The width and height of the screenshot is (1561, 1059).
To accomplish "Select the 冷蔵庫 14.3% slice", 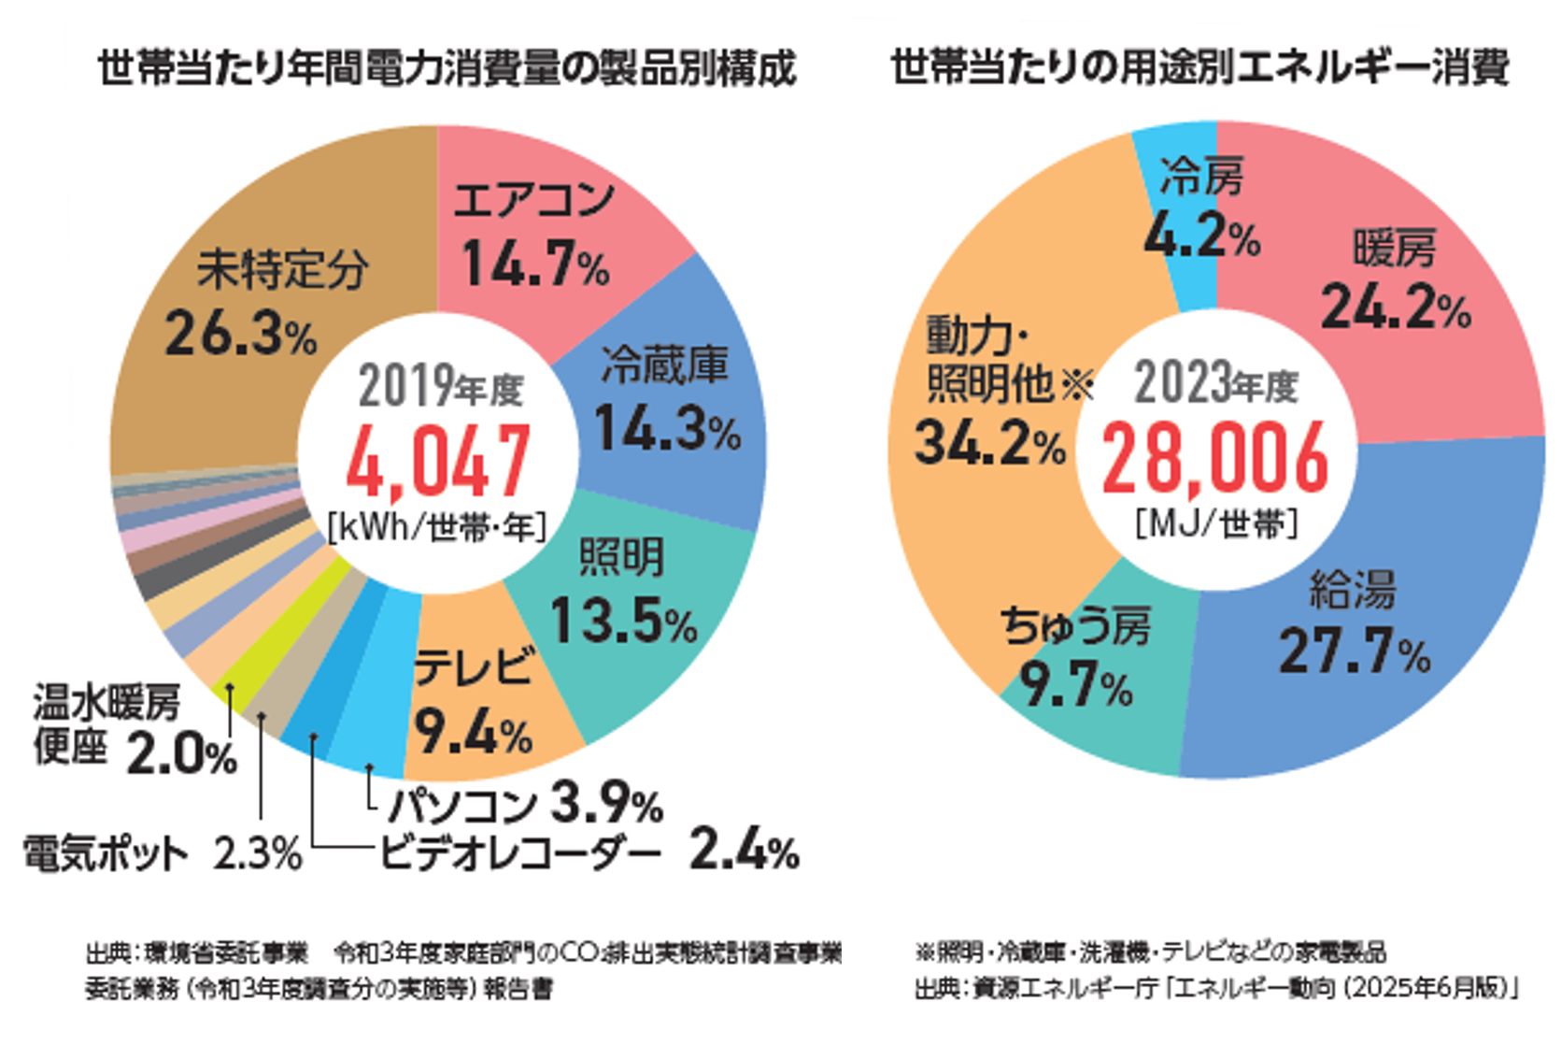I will tap(668, 402).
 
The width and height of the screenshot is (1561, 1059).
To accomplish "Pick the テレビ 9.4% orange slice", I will tap(476, 701).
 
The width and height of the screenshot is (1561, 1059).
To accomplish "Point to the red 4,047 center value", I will tap(438, 460).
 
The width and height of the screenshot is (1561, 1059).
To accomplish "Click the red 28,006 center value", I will tap(1214, 458).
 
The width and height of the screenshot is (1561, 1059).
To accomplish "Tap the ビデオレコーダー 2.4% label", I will tap(589, 851).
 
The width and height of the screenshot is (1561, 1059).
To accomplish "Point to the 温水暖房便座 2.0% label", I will tap(131, 729).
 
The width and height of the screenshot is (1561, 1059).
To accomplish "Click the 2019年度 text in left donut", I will tap(440, 387).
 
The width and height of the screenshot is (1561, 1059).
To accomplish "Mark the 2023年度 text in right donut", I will tap(1215, 383).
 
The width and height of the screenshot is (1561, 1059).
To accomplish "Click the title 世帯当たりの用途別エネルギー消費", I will tap(1199, 68).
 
